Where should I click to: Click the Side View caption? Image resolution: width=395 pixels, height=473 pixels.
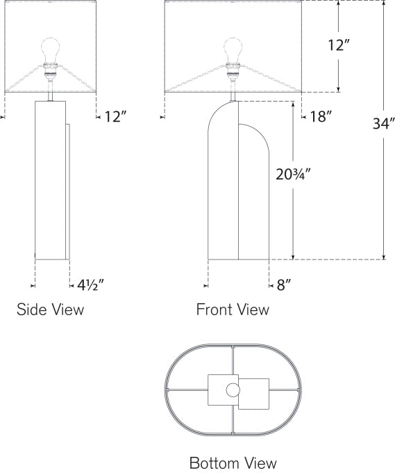50,310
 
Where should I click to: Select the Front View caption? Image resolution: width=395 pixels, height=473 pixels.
233,310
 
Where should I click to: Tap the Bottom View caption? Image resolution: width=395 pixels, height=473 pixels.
233,463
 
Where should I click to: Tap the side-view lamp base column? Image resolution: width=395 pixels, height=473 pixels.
51,181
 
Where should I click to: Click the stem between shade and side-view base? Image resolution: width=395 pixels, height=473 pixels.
51,90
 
